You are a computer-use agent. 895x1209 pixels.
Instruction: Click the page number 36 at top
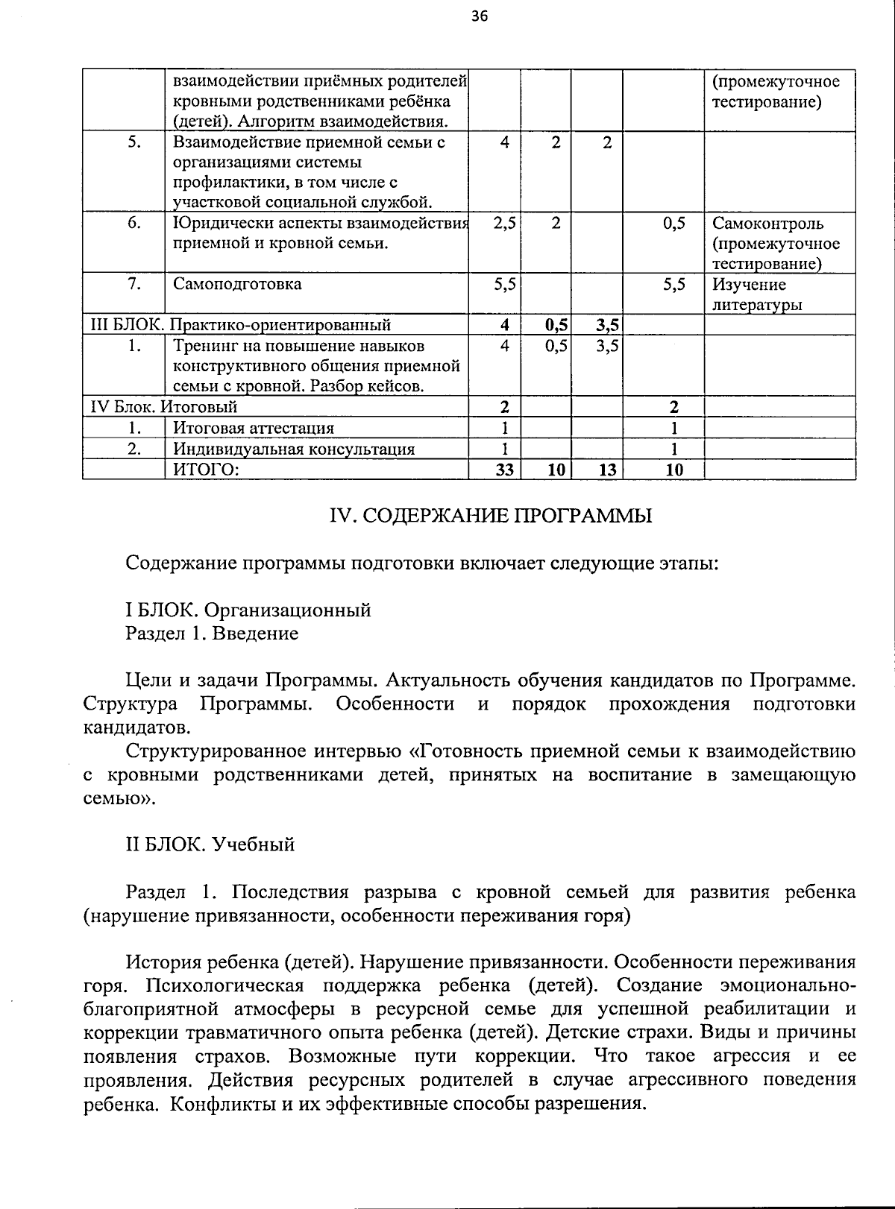point(480,16)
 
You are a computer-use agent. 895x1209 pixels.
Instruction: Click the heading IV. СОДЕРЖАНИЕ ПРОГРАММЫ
point(491,516)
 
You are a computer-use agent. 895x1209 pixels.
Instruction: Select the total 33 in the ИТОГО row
point(505,470)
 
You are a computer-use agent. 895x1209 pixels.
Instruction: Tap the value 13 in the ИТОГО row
point(607,470)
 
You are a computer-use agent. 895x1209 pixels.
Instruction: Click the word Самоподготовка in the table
point(237,284)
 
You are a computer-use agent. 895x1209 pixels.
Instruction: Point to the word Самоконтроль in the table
point(767,223)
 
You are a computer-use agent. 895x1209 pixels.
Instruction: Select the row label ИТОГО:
point(206,469)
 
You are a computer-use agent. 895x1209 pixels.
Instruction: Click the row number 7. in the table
point(134,284)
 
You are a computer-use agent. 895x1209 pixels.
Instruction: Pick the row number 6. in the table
point(134,223)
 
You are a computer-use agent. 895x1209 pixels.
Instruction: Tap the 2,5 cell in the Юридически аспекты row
point(505,223)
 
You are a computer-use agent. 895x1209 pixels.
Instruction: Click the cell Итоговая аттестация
point(254,428)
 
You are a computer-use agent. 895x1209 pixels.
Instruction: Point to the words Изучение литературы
point(757,294)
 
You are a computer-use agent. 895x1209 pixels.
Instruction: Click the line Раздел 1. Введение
point(212,634)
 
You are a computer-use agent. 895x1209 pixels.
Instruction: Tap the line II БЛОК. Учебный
point(210,845)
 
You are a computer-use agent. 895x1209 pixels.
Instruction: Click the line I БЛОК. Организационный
point(248,610)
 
